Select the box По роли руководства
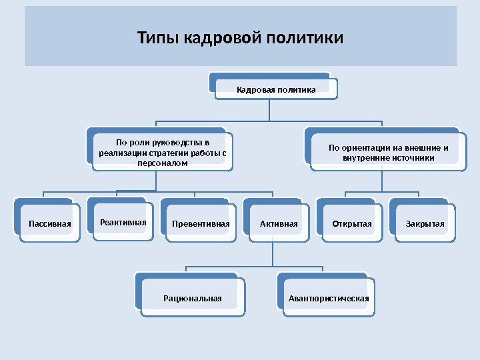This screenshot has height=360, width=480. pyautogui.click(x=163, y=152)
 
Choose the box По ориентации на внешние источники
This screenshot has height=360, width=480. pyautogui.click(x=388, y=153)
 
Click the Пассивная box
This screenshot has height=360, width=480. pyautogui.click(x=49, y=223)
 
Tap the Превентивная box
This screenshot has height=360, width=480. pyautogui.click(x=200, y=223)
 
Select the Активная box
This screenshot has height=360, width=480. pyautogui.click(x=279, y=223)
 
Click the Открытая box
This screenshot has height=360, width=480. pyautogui.click(x=351, y=223)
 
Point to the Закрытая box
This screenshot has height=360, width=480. pyautogui.click(x=425, y=223)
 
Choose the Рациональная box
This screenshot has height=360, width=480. pyautogui.click(x=193, y=298)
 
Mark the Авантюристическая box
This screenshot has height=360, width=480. pyautogui.click(x=328, y=298)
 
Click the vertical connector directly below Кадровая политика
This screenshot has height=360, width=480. pyautogui.click(x=269, y=110)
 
